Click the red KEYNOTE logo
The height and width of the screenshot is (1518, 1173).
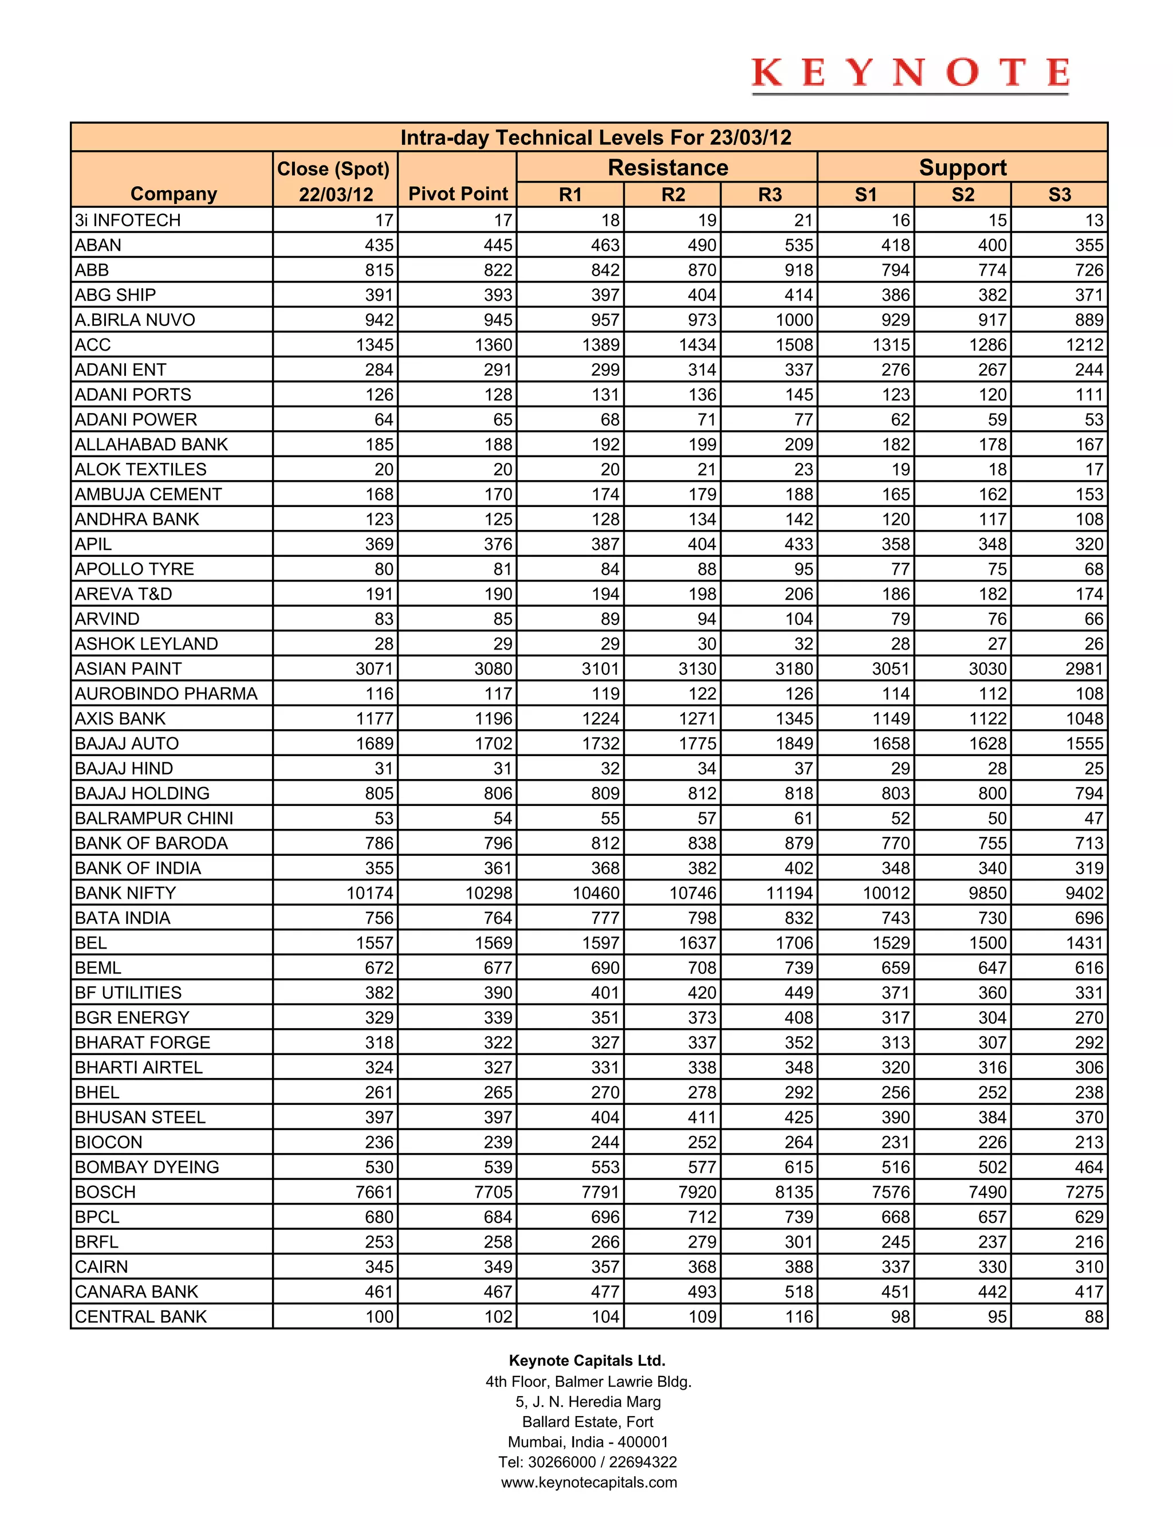tap(910, 74)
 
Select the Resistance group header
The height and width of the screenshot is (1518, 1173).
tap(667, 167)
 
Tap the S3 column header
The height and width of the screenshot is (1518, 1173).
tap(1059, 195)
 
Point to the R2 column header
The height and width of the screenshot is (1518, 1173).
tap(672, 195)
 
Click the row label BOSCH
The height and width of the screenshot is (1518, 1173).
tap(105, 1192)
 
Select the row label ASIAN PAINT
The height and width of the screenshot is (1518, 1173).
tap(128, 668)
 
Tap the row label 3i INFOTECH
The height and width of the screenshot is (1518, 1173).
tap(128, 221)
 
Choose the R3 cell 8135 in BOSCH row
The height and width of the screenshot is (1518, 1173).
tap(794, 1192)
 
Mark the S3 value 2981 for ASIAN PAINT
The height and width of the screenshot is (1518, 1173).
tap(1084, 668)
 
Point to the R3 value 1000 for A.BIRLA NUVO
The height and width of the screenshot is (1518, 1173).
tap(794, 320)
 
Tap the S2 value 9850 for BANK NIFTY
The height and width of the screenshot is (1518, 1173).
tap(987, 893)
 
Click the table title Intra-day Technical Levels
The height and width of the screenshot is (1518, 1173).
tap(596, 137)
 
